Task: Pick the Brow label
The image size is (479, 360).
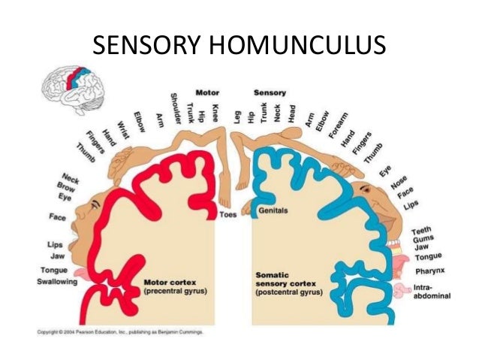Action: point(66,185)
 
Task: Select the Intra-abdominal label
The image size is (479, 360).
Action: point(431,291)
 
